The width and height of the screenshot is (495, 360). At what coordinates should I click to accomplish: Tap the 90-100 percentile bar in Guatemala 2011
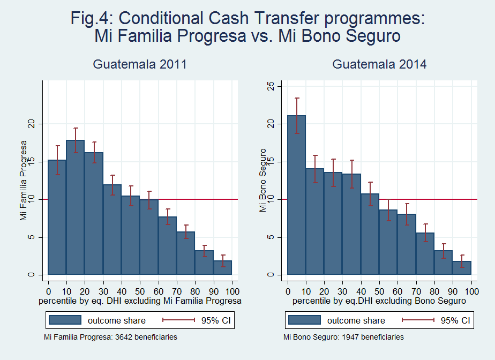tap(222, 267)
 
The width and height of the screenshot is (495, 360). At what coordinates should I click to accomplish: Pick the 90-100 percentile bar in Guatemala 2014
tap(462, 268)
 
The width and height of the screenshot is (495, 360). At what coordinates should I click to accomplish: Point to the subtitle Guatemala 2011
tap(140, 65)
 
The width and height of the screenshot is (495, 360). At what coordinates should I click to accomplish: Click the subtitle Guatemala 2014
tap(380, 65)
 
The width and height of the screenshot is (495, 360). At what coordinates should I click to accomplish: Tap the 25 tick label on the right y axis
tap(271, 86)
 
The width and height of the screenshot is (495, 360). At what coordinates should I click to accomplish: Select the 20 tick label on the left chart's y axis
tap(31, 124)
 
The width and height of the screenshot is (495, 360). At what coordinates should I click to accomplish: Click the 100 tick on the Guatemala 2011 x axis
tap(232, 292)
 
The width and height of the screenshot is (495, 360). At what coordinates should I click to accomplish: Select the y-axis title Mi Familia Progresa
tap(23, 180)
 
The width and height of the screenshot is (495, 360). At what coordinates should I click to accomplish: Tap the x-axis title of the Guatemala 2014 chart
tap(379, 302)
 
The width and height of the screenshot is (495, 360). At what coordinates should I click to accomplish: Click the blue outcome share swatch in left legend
tap(65, 320)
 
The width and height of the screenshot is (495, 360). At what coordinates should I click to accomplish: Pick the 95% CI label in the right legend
tap(455, 320)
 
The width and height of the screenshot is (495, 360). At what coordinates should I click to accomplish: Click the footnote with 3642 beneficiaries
tap(110, 337)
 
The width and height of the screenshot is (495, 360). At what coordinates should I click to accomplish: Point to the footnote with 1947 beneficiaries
tap(343, 337)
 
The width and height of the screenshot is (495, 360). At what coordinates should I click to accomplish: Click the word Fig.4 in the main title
tap(92, 18)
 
